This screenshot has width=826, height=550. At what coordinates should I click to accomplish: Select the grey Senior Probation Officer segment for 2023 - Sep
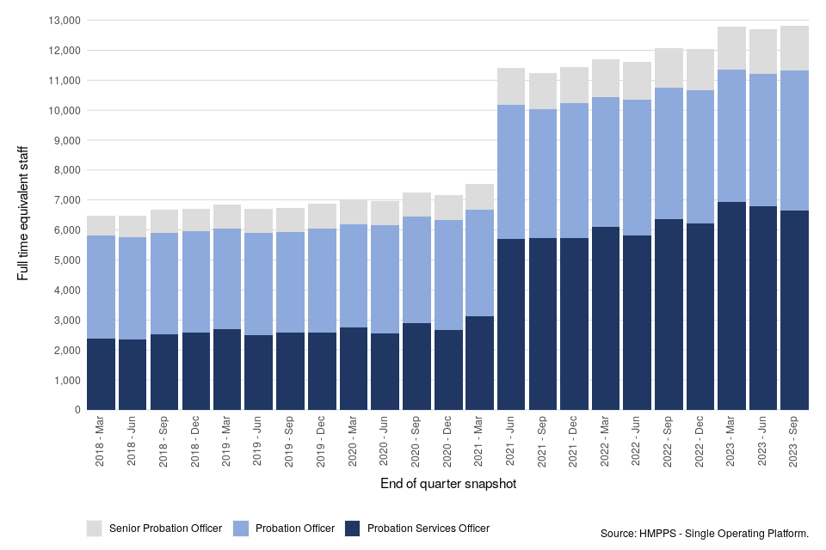click(795, 48)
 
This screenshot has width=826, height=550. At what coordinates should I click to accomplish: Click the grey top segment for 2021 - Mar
click(479, 197)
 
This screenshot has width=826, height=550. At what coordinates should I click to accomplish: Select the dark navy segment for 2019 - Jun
click(259, 372)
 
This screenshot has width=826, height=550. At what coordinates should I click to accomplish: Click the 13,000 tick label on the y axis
click(63, 21)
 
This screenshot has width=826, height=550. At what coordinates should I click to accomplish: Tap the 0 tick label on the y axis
click(77, 410)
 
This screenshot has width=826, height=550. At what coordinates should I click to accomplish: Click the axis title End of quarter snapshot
click(447, 485)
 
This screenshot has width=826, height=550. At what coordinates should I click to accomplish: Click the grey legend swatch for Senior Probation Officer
click(95, 528)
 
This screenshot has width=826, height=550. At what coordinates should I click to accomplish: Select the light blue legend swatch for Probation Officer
click(241, 528)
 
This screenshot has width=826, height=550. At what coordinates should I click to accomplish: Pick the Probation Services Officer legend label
click(428, 529)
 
